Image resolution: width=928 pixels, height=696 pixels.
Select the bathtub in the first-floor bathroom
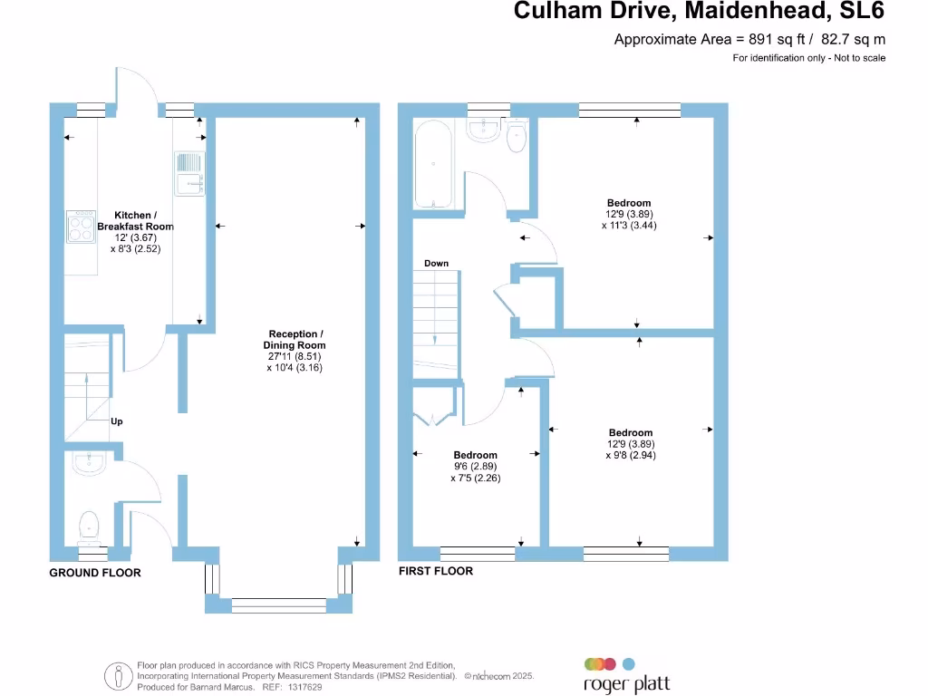pos(435,165)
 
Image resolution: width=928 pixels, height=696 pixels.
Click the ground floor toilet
pos(89,525)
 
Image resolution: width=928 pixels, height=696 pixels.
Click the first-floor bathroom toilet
pos(517,138)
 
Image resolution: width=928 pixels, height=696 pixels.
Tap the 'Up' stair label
pos(117,421)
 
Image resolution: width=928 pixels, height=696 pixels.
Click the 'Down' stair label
pos(436,264)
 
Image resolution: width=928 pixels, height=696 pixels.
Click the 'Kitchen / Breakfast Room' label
pos(135,220)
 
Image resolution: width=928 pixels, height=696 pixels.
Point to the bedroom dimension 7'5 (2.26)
pos(475,478)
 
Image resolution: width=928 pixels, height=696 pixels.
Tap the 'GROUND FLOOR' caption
pos(95,573)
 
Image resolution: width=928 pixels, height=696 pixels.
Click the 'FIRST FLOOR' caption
pos(436,571)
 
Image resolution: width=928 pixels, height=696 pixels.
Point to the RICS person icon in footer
pos(119,675)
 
